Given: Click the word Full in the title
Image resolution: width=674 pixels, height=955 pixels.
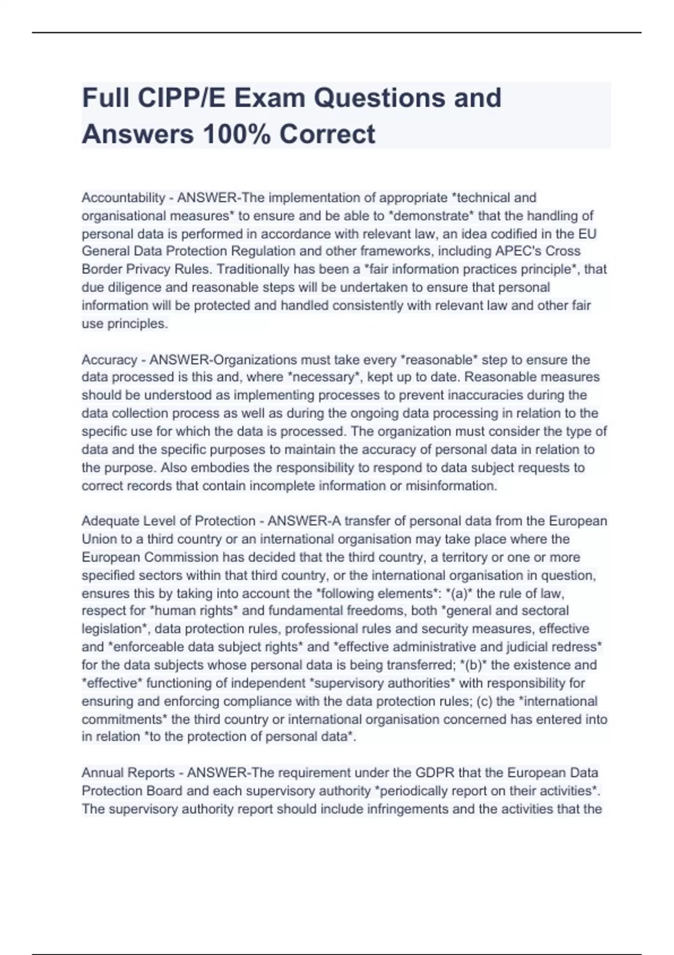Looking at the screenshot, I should pos(105,98).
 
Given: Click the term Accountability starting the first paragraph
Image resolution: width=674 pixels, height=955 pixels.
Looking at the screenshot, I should pos(124,198).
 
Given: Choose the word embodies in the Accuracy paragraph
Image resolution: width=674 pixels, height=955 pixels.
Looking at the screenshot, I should pos(220,468).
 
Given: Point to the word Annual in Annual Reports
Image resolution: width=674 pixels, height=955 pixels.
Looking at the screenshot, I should pos(102,773).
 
